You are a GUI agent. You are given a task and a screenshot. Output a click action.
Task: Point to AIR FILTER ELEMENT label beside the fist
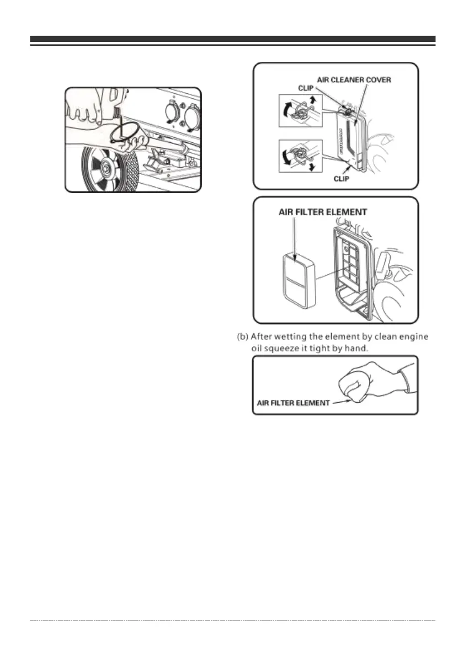pos(294,403)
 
